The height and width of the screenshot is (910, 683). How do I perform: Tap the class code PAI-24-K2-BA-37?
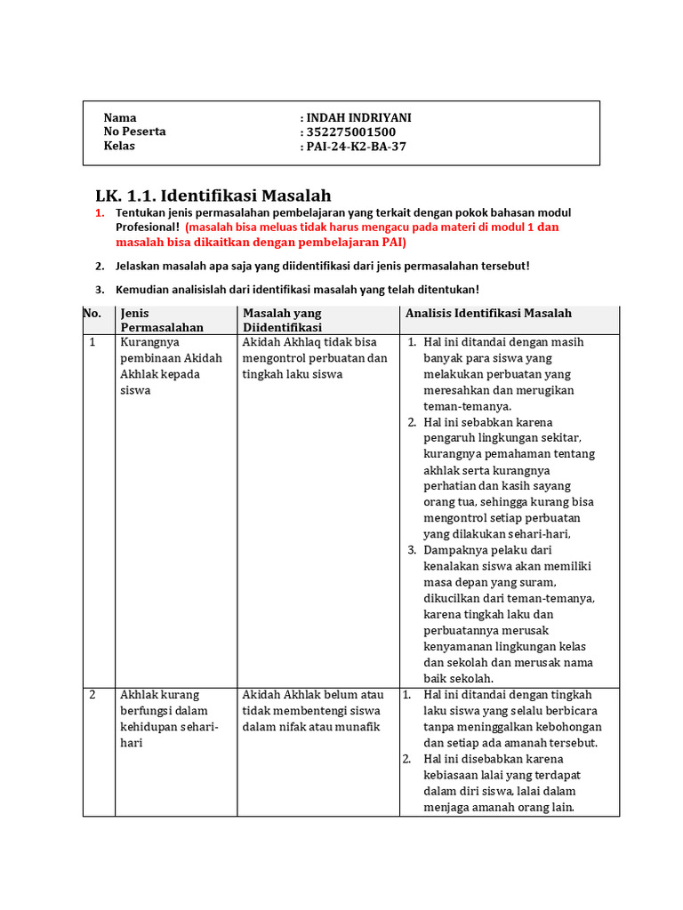click(x=356, y=146)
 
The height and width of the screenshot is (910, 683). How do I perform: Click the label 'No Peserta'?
click(x=134, y=132)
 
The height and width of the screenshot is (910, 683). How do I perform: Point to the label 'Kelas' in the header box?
click(x=119, y=146)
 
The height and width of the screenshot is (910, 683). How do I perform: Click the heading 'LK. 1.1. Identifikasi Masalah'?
click(x=213, y=195)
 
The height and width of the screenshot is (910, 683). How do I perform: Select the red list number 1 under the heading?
click(x=100, y=213)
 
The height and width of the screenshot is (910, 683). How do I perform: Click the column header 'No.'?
click(x=92, y=313)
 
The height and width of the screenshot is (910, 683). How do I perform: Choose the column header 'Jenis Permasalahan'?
click(x=161, y=320)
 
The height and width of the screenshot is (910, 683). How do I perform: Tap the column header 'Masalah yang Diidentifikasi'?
click(x=283, y=320)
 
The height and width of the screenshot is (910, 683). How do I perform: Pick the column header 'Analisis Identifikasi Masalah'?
click(x=488, y=313)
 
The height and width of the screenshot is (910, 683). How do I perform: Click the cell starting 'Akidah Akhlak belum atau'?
click(x=313, y=710)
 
